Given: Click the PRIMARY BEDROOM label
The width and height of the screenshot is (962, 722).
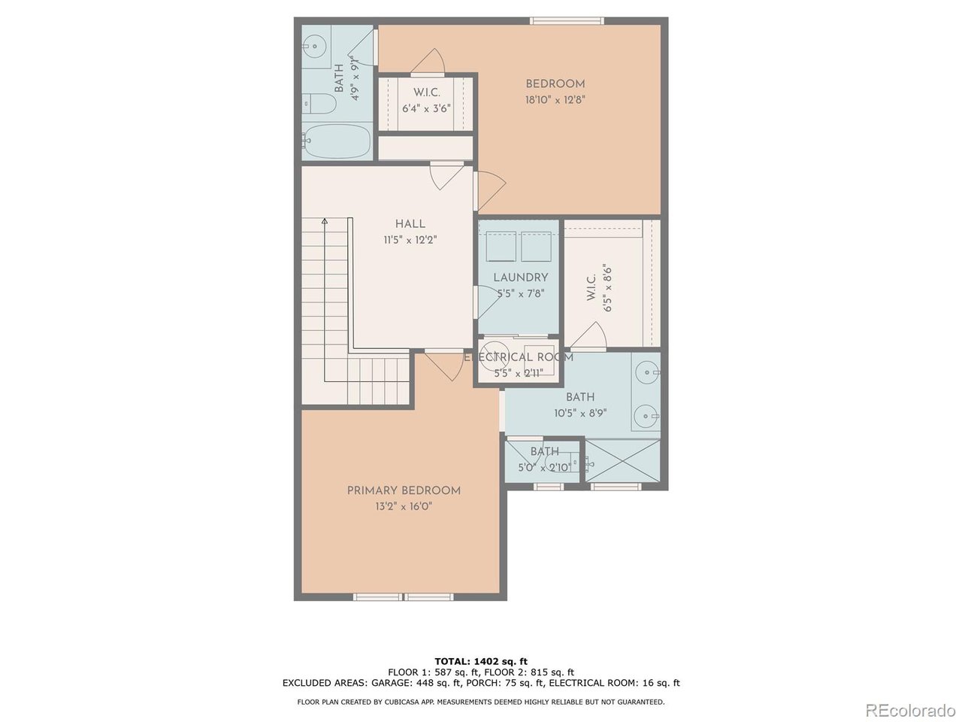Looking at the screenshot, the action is click(404, 490).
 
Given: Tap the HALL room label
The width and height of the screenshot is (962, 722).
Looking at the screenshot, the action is click(410, 224).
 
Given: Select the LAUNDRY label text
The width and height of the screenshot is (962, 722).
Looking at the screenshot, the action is click(521, 278).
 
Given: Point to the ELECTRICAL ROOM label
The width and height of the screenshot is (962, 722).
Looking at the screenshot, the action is click(519, 357).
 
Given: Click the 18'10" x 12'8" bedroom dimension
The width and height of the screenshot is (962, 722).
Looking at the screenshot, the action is click(555, 100).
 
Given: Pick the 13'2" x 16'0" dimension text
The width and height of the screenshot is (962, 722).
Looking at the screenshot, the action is click(404, 507).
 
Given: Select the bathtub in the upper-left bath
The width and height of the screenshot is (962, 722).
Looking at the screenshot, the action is click(337, 141).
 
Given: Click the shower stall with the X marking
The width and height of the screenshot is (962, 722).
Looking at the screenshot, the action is click(622, 461).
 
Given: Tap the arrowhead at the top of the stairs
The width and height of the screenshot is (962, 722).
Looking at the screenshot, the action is click(325, 221).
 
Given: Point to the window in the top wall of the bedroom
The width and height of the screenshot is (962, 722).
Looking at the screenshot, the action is click(567, 20).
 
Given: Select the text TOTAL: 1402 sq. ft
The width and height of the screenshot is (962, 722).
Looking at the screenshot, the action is click(481, 662).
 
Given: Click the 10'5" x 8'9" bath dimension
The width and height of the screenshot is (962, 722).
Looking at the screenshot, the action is click(580, 414).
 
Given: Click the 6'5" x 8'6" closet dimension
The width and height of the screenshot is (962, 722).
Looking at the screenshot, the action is click(607, 287).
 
